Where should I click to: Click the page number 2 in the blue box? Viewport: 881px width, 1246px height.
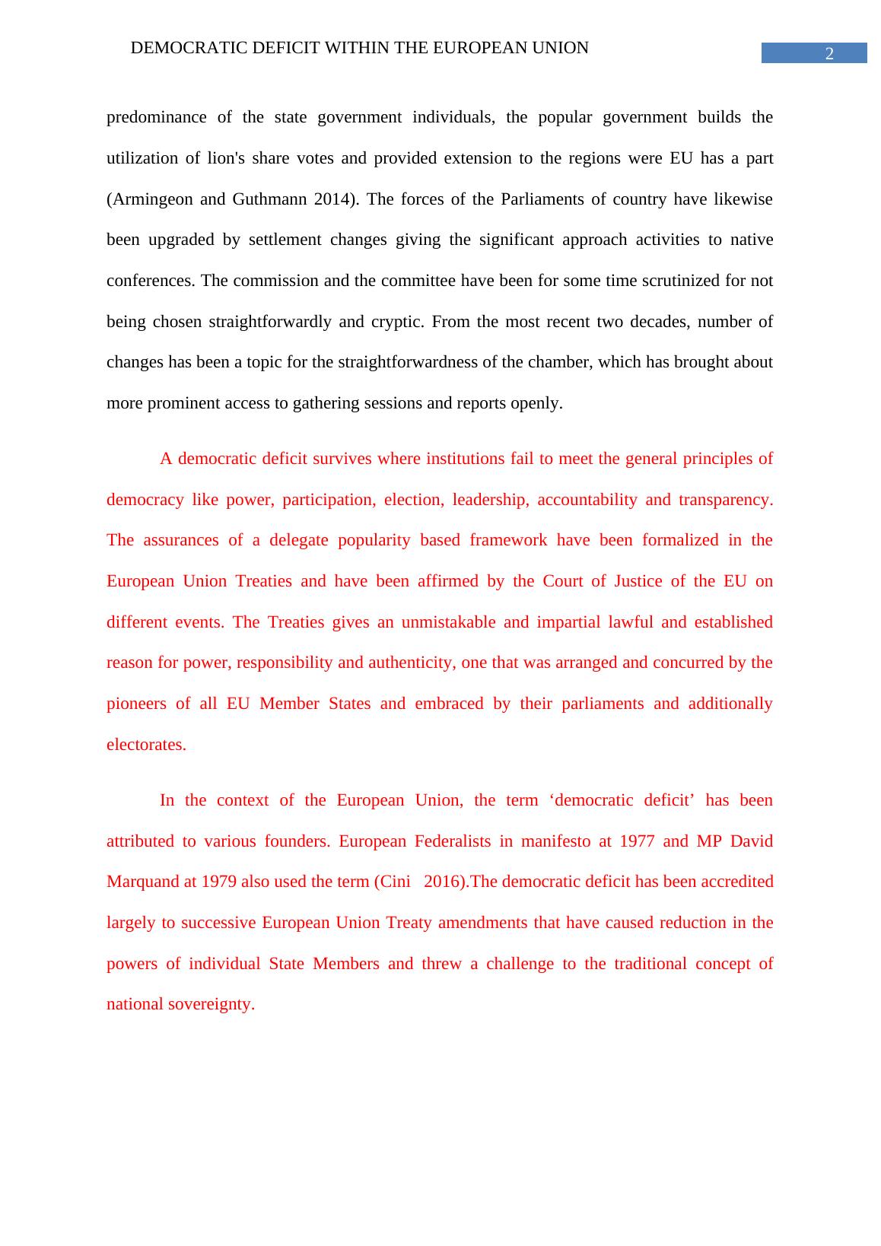click(x=829, y=53)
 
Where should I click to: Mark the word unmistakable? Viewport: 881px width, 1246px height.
click(x=448, y=622)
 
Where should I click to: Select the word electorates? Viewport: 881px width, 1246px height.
click(x=146, y=745)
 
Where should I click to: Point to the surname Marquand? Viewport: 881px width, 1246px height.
click(x=142, y=882)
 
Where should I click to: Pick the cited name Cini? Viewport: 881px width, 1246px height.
click(x=394, y=882)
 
